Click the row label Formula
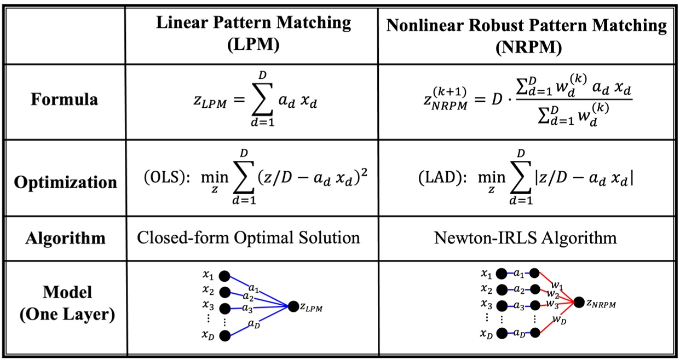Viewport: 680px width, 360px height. click(x=65, y=100)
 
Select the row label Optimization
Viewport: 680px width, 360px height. click(x=66, y=182)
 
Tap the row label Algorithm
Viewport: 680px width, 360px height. click(x=65, y=239)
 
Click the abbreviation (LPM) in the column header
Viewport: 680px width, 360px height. click(x=253, y=44)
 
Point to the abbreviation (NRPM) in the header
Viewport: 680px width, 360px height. click(x=528, y=47)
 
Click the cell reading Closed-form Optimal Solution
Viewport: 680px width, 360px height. click(x=249, y=237)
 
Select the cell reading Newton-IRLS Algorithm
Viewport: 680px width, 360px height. click(x=525, y=238)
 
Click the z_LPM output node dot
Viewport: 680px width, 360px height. click(x=293, y=306)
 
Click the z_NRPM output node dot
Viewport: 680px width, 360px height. click(x=579, y=302)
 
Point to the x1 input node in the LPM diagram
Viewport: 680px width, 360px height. click(x=224, y=276)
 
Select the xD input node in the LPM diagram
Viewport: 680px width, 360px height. click(x=224, y=336)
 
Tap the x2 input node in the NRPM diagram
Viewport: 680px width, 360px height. click(x=502, y=289)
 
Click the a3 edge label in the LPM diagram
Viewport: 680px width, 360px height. click(x=247, y=309)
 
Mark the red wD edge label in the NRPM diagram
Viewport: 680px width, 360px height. click(x=559, y=320)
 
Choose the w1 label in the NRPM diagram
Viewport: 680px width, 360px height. click(x=557, y=286)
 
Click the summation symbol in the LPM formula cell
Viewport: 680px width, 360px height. click(x=262, y=100)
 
